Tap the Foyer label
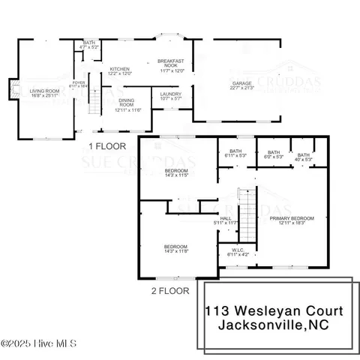coord(79,85)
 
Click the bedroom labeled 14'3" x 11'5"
coord(176,172)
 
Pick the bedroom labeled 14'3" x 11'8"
coord(176,250)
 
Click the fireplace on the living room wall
coord(13,91)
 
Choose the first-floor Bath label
coord(89,45)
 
